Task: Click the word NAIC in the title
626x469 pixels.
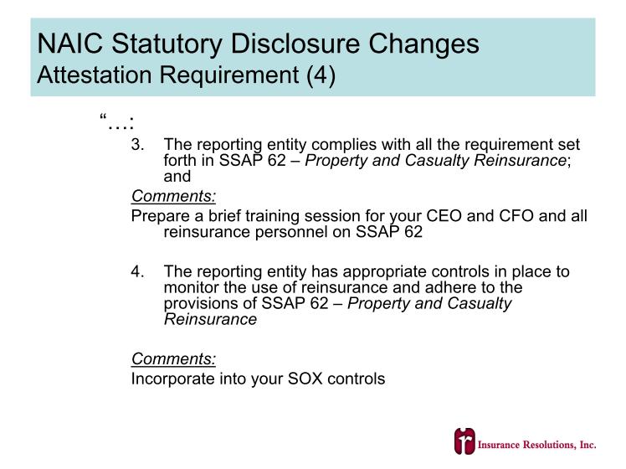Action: click(69, 44)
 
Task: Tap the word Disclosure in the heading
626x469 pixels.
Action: click(295, 44)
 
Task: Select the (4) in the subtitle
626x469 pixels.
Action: click(321, 75)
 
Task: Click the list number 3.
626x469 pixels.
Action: click(137, 145)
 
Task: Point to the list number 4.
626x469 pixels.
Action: click(137, 271)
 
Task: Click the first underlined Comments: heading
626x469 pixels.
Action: click(174, 196)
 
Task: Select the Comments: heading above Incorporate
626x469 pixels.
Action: click(174, 358)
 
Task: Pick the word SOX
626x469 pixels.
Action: click(305, 379)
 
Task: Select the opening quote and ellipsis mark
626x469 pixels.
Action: click(116, 121)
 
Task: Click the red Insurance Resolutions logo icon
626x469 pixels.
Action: click(464, 441)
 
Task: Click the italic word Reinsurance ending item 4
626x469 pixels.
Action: click(210, 320)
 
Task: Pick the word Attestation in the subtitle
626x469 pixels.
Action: click(95, 75)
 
